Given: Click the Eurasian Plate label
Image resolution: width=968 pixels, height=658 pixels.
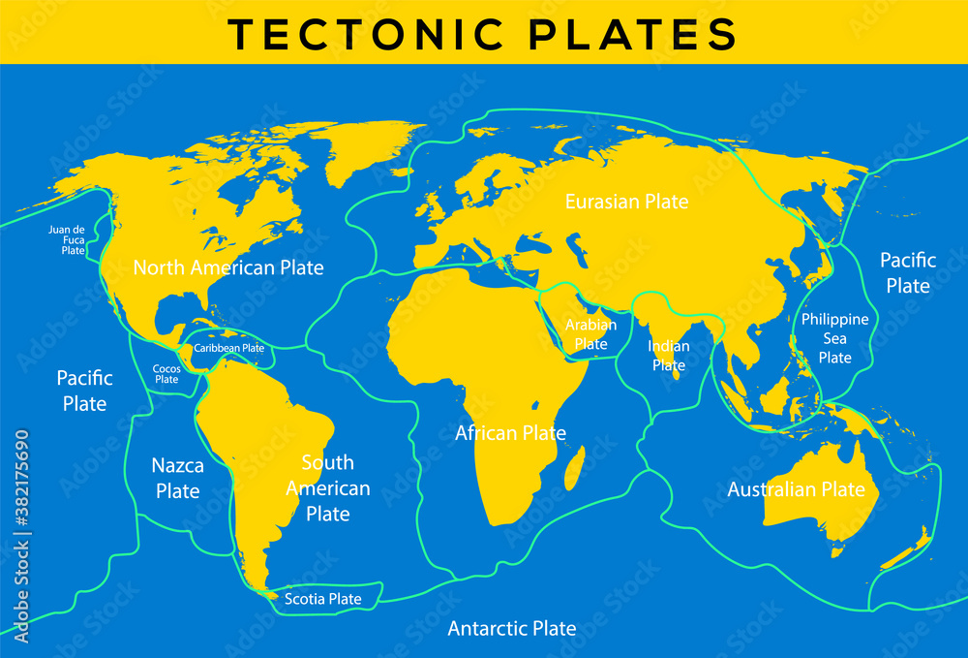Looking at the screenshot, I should tap(627, 202).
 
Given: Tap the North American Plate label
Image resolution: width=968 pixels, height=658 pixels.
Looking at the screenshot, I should tap(228, 267).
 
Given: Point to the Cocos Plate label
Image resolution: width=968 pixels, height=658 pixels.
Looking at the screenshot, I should tap(166, 374).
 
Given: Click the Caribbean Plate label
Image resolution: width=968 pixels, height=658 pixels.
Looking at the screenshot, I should tap(229, 348).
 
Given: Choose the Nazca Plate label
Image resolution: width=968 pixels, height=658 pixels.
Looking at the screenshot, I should tap(178, 479).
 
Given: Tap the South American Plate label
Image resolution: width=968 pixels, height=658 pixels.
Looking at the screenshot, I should tap(327, 488).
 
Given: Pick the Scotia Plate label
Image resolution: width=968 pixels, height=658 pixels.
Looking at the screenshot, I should tap(323, 599).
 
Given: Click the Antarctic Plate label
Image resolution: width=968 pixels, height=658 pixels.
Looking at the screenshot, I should tap(511, 629).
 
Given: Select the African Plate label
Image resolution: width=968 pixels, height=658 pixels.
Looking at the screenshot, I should tap(510, 433).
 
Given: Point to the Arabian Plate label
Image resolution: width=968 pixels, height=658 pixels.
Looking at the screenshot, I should tap(590, 334).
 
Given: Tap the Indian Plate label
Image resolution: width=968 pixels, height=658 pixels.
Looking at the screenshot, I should tap(669, 356).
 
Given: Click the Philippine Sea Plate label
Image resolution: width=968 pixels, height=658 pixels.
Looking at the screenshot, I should tap(834, 338).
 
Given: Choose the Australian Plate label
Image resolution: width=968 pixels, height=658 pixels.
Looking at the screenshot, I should tap(796, 489).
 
